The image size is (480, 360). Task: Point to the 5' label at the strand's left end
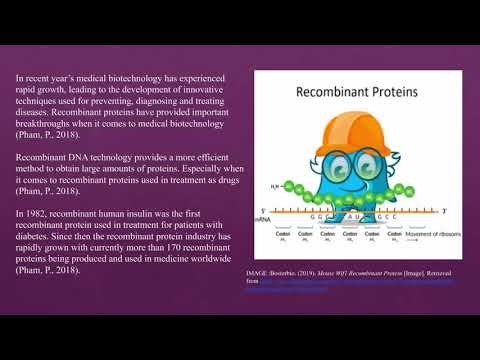pos(263,210)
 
